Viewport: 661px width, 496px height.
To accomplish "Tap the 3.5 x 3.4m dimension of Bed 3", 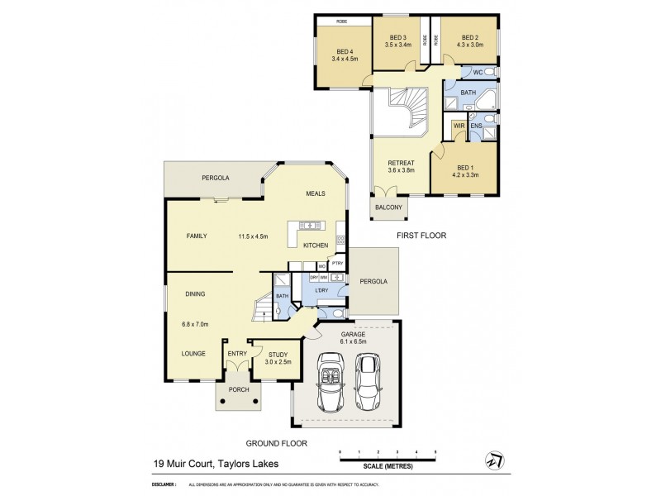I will coord(399,45).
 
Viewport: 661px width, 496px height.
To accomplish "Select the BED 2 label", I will coord(470,37).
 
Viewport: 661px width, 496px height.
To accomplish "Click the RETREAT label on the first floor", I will coord(401,163).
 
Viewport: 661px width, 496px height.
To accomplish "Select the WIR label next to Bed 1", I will coord(458,126).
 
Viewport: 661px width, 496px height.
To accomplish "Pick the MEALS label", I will coord(314,193).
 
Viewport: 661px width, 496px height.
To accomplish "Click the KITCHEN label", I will coord(316,246).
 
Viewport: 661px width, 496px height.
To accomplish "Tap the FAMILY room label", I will coord(196,236).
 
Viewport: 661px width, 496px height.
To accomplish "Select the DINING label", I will coord(195,293).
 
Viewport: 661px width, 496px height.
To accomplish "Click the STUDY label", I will coord(278,354).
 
